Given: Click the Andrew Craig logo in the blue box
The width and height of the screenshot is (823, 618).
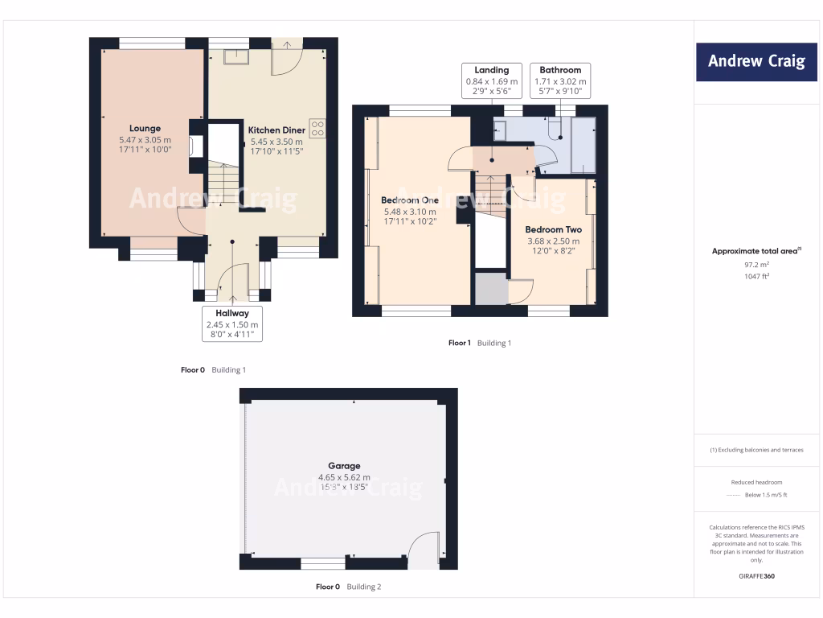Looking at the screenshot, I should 755,62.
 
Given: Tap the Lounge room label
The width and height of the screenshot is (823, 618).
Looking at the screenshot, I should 145,128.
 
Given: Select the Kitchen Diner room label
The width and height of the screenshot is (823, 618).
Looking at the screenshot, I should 275,130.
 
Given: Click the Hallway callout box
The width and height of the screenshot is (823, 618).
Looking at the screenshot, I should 231,324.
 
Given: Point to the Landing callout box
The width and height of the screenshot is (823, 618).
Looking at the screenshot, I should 492,80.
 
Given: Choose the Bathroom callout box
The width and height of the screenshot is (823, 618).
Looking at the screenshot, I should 560,80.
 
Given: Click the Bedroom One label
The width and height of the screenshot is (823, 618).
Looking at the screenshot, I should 410,200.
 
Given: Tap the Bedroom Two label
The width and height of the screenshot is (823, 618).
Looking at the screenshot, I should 553,229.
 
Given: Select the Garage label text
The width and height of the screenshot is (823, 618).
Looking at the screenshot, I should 344,466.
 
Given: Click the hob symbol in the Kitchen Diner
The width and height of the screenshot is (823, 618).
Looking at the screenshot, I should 317,128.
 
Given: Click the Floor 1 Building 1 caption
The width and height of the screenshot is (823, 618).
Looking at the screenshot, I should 479,343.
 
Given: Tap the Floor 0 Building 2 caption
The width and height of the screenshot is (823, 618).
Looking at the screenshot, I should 348,587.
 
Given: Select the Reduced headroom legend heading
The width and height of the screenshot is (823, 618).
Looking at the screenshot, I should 755,482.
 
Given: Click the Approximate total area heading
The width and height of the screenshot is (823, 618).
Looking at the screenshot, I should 755,251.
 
